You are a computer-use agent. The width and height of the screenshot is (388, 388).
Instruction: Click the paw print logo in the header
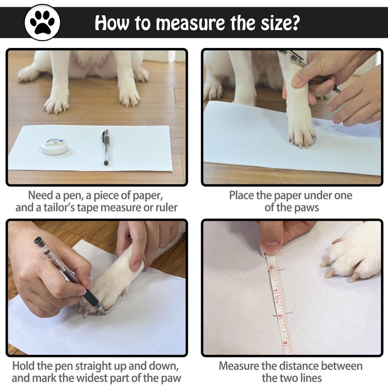point(42,22)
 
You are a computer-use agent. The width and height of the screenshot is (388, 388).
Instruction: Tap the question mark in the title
point(295,23)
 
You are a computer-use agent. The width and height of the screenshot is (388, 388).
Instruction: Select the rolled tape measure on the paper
point(55,146)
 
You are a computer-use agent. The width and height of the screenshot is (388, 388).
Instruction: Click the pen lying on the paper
point(106,147)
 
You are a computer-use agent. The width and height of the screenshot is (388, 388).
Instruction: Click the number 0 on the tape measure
point(271,268)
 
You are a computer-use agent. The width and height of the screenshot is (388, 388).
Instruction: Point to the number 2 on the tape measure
point(280,316)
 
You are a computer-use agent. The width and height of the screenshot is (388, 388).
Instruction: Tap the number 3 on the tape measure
point(285,343)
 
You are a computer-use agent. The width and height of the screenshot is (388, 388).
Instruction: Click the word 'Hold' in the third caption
point(22,366)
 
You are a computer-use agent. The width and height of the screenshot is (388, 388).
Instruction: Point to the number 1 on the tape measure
point(275,290)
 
